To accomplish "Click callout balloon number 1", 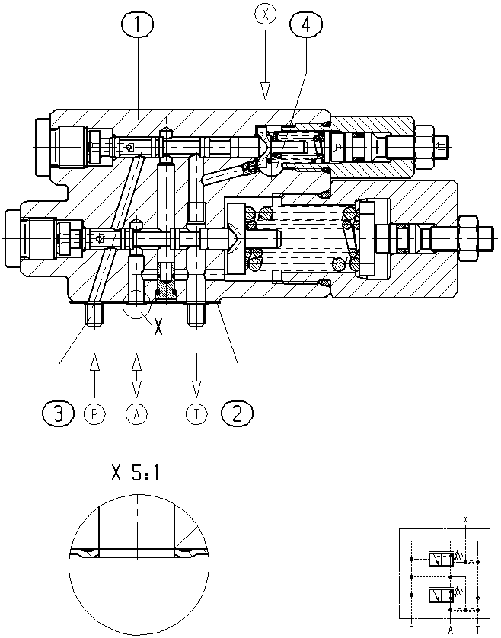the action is coord(137,25).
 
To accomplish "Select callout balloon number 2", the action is coord(237,413).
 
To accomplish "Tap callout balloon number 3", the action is coord(59,413).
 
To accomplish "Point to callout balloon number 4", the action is coord(305,25).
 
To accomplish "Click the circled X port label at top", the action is coord(266,14).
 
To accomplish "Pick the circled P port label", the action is coord(94,414).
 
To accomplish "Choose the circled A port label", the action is coord(137,414).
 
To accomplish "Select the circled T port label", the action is coord(196,414).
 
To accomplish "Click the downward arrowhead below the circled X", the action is coord(266,91).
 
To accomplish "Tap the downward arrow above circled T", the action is coord(196,375).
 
